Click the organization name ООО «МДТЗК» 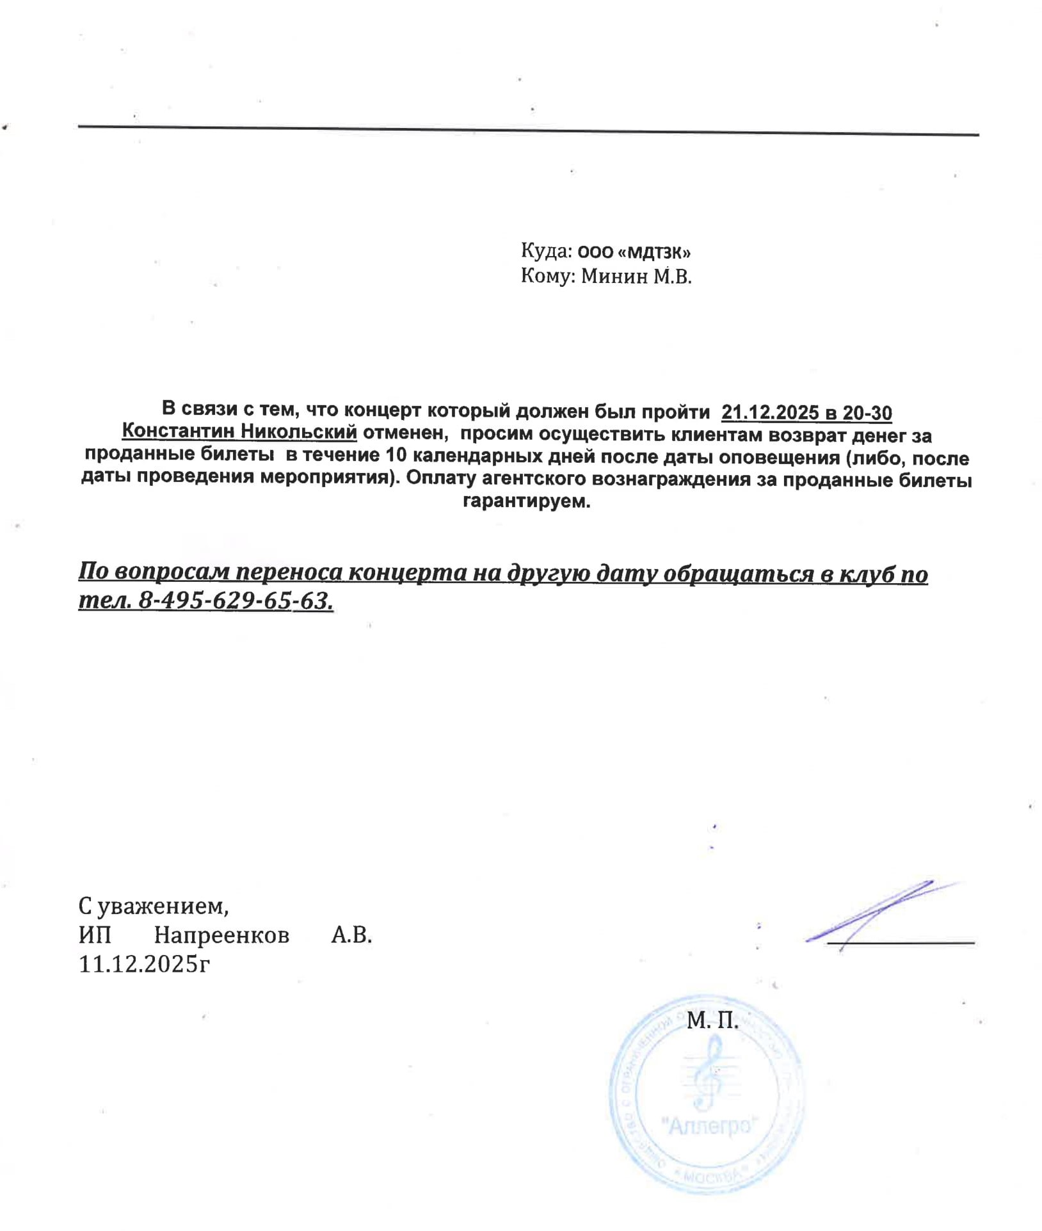(634, 252)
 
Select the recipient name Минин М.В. (636, 277)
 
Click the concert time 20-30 (867, 413)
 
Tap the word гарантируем (526, 501)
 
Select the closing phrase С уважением (154, 906)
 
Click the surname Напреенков (221, 935)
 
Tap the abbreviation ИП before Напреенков (95, 935)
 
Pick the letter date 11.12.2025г (145, 964)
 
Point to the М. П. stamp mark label (712, 1021)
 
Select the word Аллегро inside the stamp (709, 1125)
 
